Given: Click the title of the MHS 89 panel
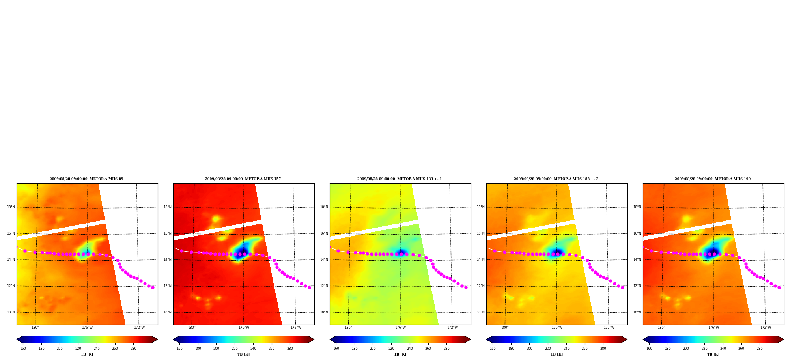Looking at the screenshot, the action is pyautogui.click(x=86, y=179).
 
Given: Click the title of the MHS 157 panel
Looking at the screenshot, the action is pyautogui.click(x=243, y=179).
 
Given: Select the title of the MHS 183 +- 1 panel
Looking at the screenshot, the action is pyautogui.click(x=400, y=179).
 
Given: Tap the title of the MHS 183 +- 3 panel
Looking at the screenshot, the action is pyautogui.click(x=556, y=179).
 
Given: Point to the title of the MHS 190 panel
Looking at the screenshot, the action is pyautogui.click(x=713, y=179).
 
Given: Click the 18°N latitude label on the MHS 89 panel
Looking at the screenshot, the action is pyautogui.click(x=11, y=207).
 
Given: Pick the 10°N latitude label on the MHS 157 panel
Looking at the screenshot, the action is pyautogui.click(x=168, y=312).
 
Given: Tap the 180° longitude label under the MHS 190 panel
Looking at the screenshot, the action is pyautogui.click(x=661, y=328).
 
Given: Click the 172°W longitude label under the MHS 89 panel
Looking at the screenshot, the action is pyautogui.click(x=139, y=328).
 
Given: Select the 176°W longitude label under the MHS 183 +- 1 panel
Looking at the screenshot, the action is pyautogui.click(x=400, y=328).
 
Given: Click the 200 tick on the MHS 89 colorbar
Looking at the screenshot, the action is pyautogui.click(x=60, y=349).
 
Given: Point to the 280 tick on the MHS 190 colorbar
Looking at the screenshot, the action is pyautogui.click(x=760, y=349).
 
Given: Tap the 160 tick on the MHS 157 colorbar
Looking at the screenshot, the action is pyautogui.click(x=179, y=349).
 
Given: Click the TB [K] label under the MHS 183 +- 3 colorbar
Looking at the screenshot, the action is pyautogui.click(x=556, y=354).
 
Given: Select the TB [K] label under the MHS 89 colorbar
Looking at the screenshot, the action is pyautogui.click(x=87, y=354).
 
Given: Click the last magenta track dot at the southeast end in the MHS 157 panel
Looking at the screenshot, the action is pyautogui.click(x=309, y=287).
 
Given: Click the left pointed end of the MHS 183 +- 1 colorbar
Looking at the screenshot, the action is pyautogui.click(x=330, y=339).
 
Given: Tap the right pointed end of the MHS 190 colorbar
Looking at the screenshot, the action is pyautogui.click(x=784, y=339).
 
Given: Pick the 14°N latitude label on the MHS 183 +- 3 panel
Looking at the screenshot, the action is pyautogui.click(x=481, y=259).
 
